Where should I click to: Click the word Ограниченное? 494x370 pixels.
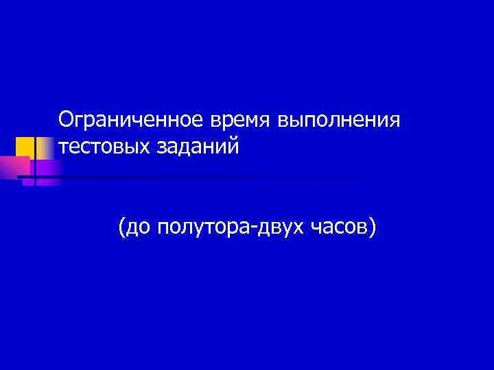click(130, 121)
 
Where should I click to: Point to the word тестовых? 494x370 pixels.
click(99, 146)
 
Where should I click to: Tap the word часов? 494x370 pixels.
click(344, 227)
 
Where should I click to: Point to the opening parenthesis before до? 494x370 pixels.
click(121, 227)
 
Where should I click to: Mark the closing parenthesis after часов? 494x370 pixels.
click(373, 227)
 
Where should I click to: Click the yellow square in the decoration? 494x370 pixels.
click(25, 146)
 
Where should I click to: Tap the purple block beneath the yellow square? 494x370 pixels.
click(47, 169)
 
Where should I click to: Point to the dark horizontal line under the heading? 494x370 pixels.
click(206, 177)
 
